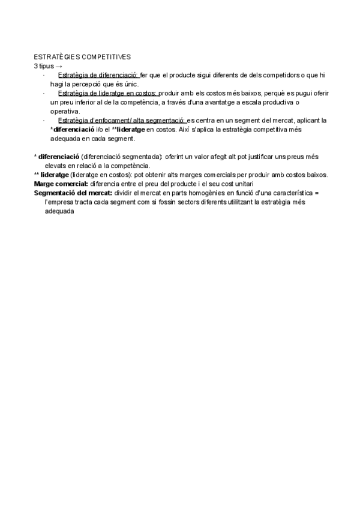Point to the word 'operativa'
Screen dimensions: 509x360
[64, 111]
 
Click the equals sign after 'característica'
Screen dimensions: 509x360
[318, 193]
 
